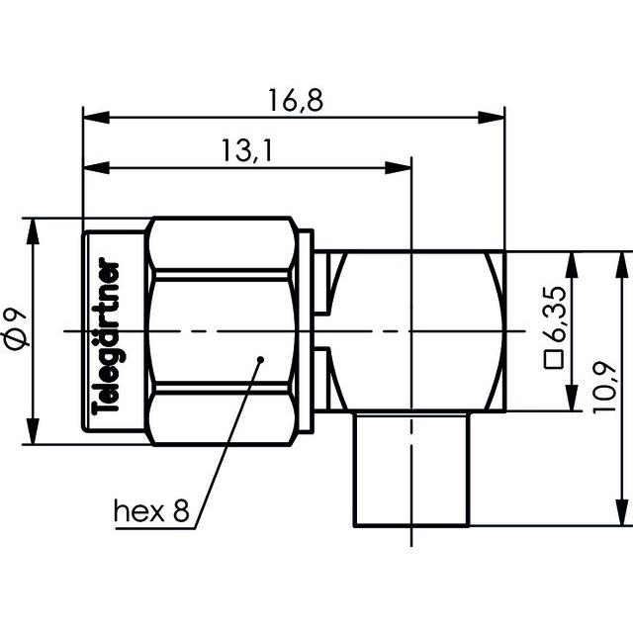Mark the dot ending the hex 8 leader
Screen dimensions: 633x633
tap(259, 358)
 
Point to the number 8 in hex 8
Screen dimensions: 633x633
tap(180, 511)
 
